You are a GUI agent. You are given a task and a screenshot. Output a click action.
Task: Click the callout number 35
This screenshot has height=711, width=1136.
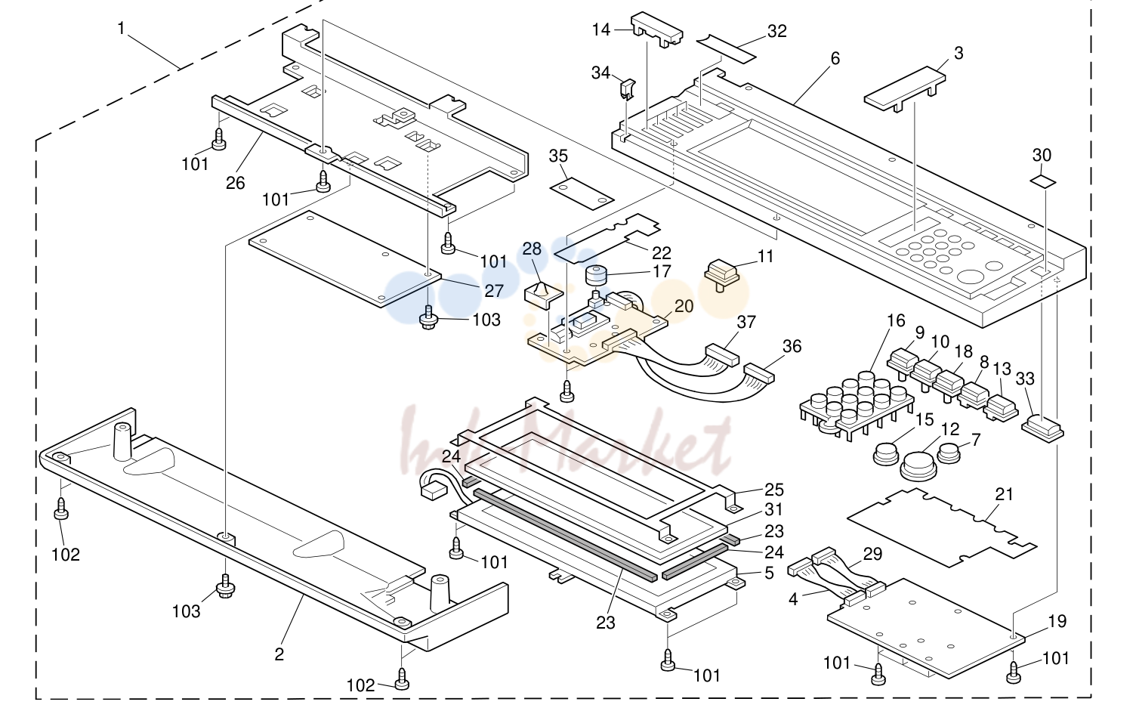pyautogui.click(x=558, y=156)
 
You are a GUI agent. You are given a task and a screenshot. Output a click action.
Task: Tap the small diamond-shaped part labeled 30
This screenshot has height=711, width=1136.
pyautogui.click(x=1042, y=181)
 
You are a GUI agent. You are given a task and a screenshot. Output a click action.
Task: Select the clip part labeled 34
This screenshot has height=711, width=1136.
pyautogui.click(x=628, y=89)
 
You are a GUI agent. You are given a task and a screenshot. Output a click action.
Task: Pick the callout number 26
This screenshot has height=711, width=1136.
pyautogui.click(x=236, y=183)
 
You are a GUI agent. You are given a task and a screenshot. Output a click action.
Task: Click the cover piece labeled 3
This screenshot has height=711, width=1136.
pyautogui.click(x=905, y=89)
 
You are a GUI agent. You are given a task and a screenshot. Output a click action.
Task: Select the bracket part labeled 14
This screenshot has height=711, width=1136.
pyautogui.click(x=657, y=29)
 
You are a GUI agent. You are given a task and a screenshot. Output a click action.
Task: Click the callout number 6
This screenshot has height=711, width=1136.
pyautogui.click(x=835, y=59)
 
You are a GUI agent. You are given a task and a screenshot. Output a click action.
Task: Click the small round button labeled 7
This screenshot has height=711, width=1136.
pyautogui.click(x=949, y=453)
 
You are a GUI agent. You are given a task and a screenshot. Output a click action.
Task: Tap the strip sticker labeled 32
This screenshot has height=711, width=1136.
pyautogui.click(x=726, y=48)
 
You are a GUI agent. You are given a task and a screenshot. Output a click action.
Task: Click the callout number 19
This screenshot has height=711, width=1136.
pyautogui.click(x=1057, y=621)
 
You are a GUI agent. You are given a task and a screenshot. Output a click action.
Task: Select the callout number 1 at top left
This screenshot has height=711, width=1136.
pyautogui.click(x=121, y=28)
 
